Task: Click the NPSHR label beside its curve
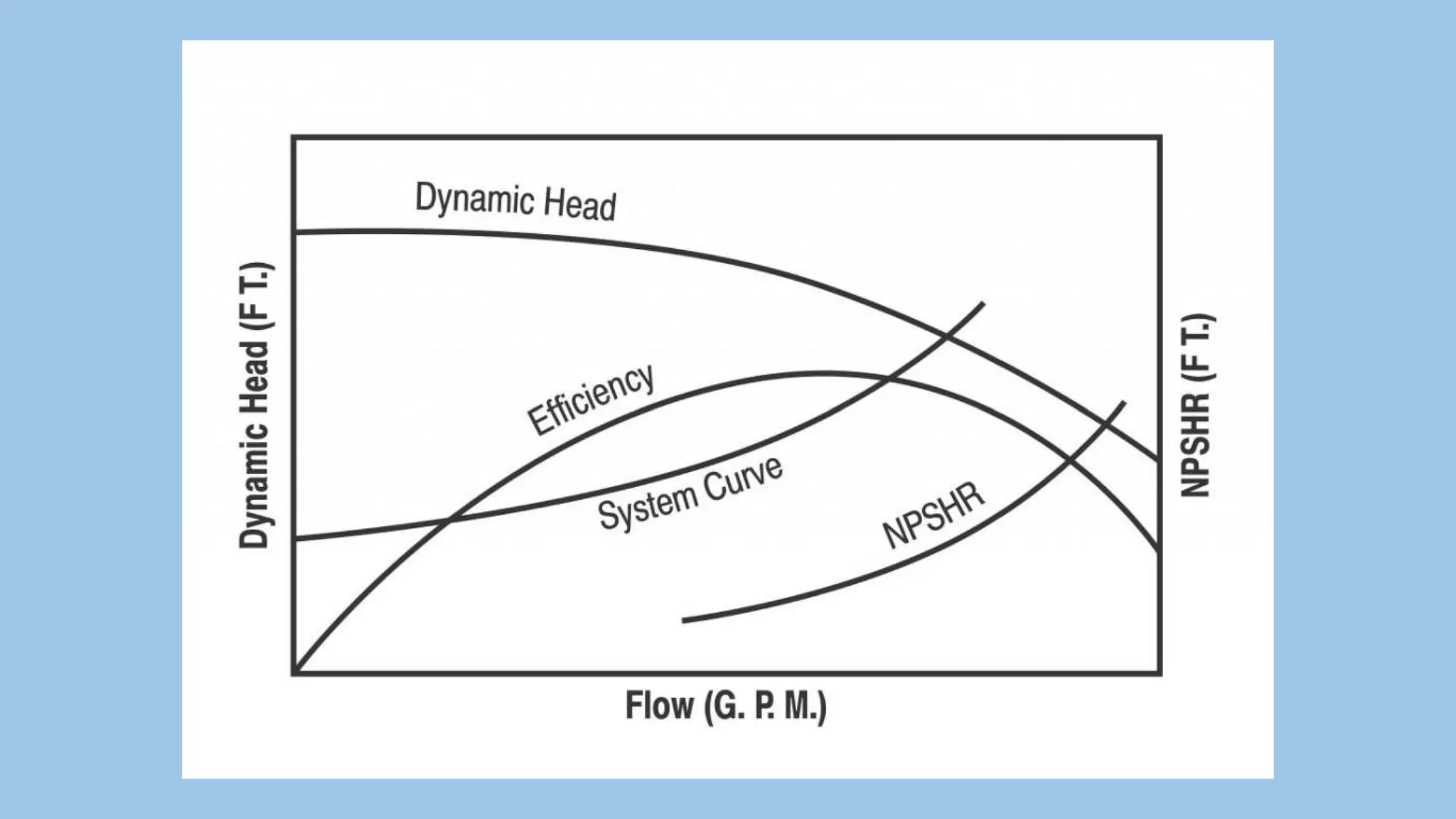(x=933, y=515)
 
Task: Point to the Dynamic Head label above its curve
(x=515, y=201)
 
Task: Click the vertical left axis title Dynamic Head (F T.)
(x=255, y=405)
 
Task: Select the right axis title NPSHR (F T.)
(x=1196, y=405)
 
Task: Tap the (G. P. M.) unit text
(x=766, y=707)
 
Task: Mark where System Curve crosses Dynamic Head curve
(x=948, y=338)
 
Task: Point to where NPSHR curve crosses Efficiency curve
(x=1071, y=461)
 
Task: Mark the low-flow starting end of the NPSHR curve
(x=684, y=621)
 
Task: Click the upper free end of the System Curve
(x=983, y=304)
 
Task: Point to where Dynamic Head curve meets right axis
(x=1159, y=460)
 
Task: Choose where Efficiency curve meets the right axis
(x=1159, y=551)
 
